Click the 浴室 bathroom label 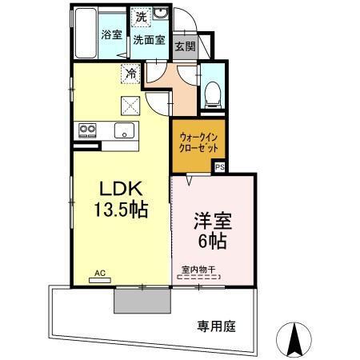pyautogui.click(x=110, y=35)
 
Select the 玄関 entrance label pyautogui.click(x=185, y=46)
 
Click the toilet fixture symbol pyautogui.click(x=214, y=94)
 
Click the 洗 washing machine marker pyautogui.click(x=141, y=17)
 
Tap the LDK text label pyautogui.click(x=120, y=189)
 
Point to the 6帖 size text pyautogui.click(x=214, y=239)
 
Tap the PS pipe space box pyautogui.click(x=218, y=167)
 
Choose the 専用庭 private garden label pyautogui.click(x=216, y=326)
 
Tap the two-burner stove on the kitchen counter pyautogui.click(x=86, y=130)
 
